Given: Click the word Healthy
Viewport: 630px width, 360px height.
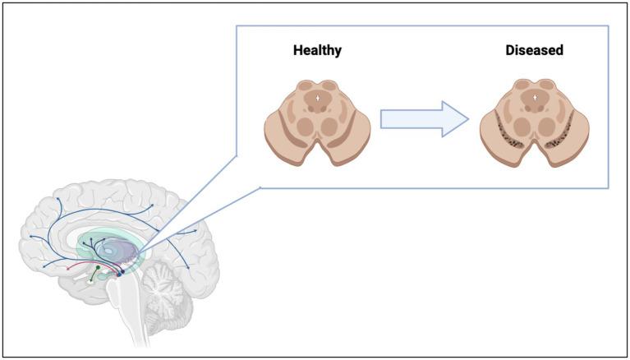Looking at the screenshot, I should click(x=317, y=51).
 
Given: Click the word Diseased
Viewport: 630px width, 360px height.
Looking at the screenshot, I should click(x=534, y=51).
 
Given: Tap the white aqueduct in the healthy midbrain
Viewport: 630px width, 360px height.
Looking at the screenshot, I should click(x=320, y=98).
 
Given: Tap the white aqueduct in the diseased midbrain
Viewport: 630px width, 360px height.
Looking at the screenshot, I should click(x=536, y=98).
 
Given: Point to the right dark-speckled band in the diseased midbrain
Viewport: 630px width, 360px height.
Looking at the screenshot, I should click(x=561, y=135).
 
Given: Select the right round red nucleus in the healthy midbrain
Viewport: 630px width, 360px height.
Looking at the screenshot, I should click(x=333, y=126).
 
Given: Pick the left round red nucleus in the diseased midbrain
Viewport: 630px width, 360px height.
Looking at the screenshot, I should click(x=522, y=126).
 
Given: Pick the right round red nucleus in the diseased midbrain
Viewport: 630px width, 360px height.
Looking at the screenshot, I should click(x=549, y=126).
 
